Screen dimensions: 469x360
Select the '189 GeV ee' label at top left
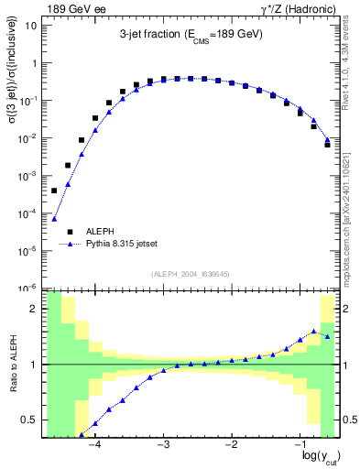[x=77, y=8]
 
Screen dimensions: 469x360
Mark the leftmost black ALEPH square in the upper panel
[x=54, y=191]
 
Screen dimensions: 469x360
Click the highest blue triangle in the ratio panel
[x=313, y=331]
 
